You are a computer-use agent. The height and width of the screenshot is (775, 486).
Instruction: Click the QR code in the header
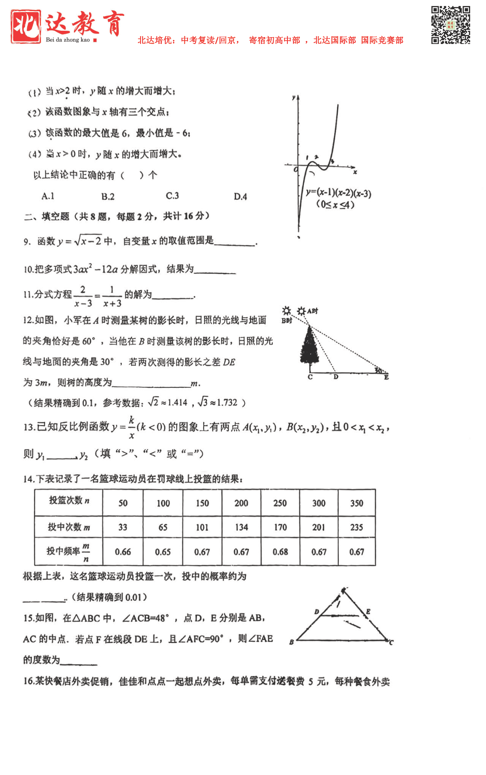(x=450, y=25)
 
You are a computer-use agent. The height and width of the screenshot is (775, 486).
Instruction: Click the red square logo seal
(x=26, y=26)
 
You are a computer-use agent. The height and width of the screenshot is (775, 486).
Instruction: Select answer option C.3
(x=172, y=196)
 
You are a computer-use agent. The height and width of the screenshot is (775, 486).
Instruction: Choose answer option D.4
(x=240, y=196)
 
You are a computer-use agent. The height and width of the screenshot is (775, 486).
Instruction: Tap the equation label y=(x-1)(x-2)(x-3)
(x=338, y=193)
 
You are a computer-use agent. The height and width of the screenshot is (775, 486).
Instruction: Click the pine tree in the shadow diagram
(x=310, y=348)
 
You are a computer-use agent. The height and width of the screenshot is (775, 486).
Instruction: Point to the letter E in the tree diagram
(x=386, y=377)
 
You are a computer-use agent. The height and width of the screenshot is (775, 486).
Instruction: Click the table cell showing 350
(x=357, y=503)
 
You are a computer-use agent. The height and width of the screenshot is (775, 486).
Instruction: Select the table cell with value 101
(x=202, y=527)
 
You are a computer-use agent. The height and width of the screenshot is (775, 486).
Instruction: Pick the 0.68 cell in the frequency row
(x=280, y=552)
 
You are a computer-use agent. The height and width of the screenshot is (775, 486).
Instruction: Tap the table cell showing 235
(x=357, y=527)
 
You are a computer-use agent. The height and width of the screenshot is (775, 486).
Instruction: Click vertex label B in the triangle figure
(x=291, y=642)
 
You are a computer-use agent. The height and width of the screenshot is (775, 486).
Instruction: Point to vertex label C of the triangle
(x=391, y=642)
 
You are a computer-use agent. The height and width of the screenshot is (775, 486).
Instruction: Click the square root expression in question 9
(x=88, y=241)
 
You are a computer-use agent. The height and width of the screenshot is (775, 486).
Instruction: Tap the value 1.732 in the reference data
(x=227, y=403)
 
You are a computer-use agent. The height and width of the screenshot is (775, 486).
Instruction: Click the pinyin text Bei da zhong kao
(x=68, y=40)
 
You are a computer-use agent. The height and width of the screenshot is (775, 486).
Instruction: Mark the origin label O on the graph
(x=296, y=170)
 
